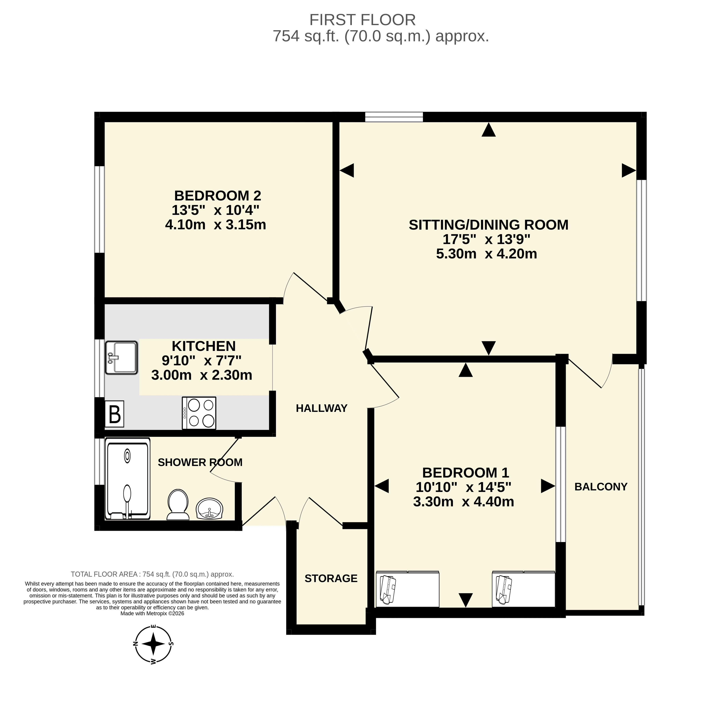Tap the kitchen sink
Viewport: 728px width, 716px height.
point(121,357)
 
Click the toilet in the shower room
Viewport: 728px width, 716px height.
point(178,504)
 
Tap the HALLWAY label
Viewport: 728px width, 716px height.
point(321,408)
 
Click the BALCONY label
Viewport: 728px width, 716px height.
point(601,487)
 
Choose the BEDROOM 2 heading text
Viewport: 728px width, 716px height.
point(217,195)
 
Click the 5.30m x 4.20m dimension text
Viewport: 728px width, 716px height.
point(487,253)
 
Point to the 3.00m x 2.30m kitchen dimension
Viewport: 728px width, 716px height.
point(202,375)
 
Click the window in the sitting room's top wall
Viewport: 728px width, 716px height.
point(394,117)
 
